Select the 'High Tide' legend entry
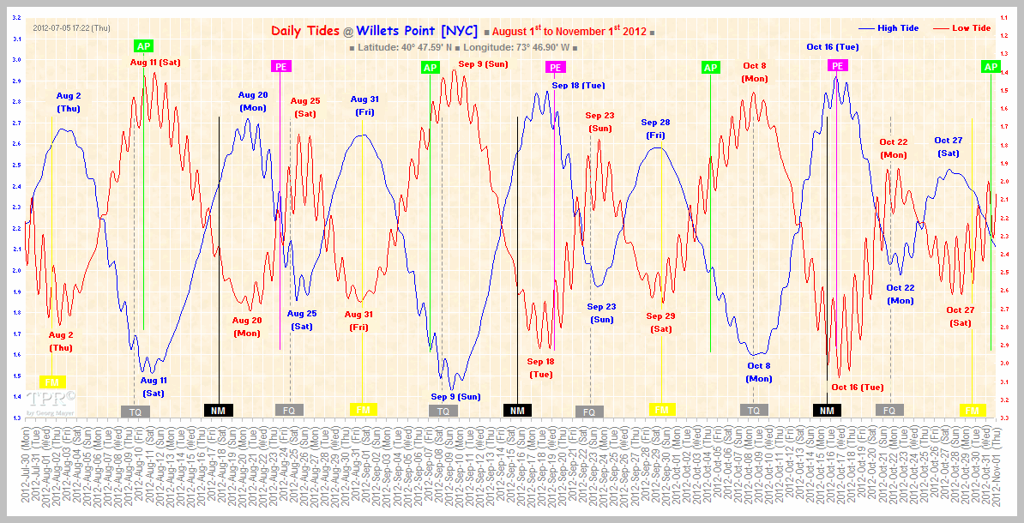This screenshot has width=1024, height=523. [x=897, y=28]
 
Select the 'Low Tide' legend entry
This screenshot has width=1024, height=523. [x=971, y=28]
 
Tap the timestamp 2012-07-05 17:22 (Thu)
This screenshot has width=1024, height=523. [x=72, y=28]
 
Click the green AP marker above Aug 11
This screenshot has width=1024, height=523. [x=143, y=45]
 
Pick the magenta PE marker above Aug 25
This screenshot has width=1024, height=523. [x=280, y=66]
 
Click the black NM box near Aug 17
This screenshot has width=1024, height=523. [x=218, y=411]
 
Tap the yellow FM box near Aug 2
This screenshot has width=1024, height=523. [x=51, y=382]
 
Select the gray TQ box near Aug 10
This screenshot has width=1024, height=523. [x=136, y=412]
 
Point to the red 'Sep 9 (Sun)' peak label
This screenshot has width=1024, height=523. [x=483, y=63]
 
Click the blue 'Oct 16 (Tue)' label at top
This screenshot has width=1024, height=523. [x=832, y=47]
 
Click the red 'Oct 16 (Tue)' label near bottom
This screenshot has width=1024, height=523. [x=858, y=387]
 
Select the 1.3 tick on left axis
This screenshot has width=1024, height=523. [x=16, y=418]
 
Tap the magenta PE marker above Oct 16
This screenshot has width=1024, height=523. [x=837, y=66]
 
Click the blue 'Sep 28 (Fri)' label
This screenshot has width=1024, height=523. [x=656, y=129]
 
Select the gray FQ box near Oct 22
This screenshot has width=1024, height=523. [x=889, y=411]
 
